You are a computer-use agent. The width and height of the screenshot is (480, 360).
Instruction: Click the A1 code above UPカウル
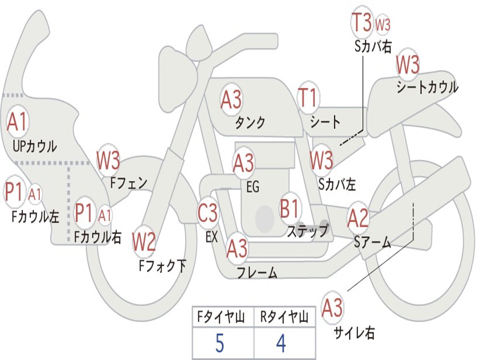[18, 122]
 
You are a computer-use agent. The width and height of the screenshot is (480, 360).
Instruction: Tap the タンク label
[250, 123]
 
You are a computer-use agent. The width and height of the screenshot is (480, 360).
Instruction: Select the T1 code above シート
[308, 99]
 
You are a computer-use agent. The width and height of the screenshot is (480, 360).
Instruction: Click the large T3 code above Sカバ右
[362, 23]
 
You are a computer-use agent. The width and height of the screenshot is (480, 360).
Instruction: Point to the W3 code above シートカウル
[408, 65]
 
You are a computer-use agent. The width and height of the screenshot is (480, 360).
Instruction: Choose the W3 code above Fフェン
[108, 160]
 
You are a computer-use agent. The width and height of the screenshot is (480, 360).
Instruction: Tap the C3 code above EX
[208, 214]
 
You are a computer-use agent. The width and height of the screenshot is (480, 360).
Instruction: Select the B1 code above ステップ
[290, 209]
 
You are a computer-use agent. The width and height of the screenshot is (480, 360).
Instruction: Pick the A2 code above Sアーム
[358, 219]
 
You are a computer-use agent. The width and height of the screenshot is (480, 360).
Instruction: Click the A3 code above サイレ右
[332, 308]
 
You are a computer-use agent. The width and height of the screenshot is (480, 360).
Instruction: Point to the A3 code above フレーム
[237, 248]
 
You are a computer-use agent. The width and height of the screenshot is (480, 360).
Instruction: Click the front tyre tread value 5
[220, 344]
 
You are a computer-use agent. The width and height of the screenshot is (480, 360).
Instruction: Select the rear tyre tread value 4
[281, 344]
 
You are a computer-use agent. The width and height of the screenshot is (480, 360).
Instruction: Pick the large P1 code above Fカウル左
[14, 192]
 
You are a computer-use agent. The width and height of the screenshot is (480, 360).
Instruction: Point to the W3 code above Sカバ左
[322, 160]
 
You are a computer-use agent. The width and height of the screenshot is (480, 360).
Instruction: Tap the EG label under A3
[253, 187]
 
